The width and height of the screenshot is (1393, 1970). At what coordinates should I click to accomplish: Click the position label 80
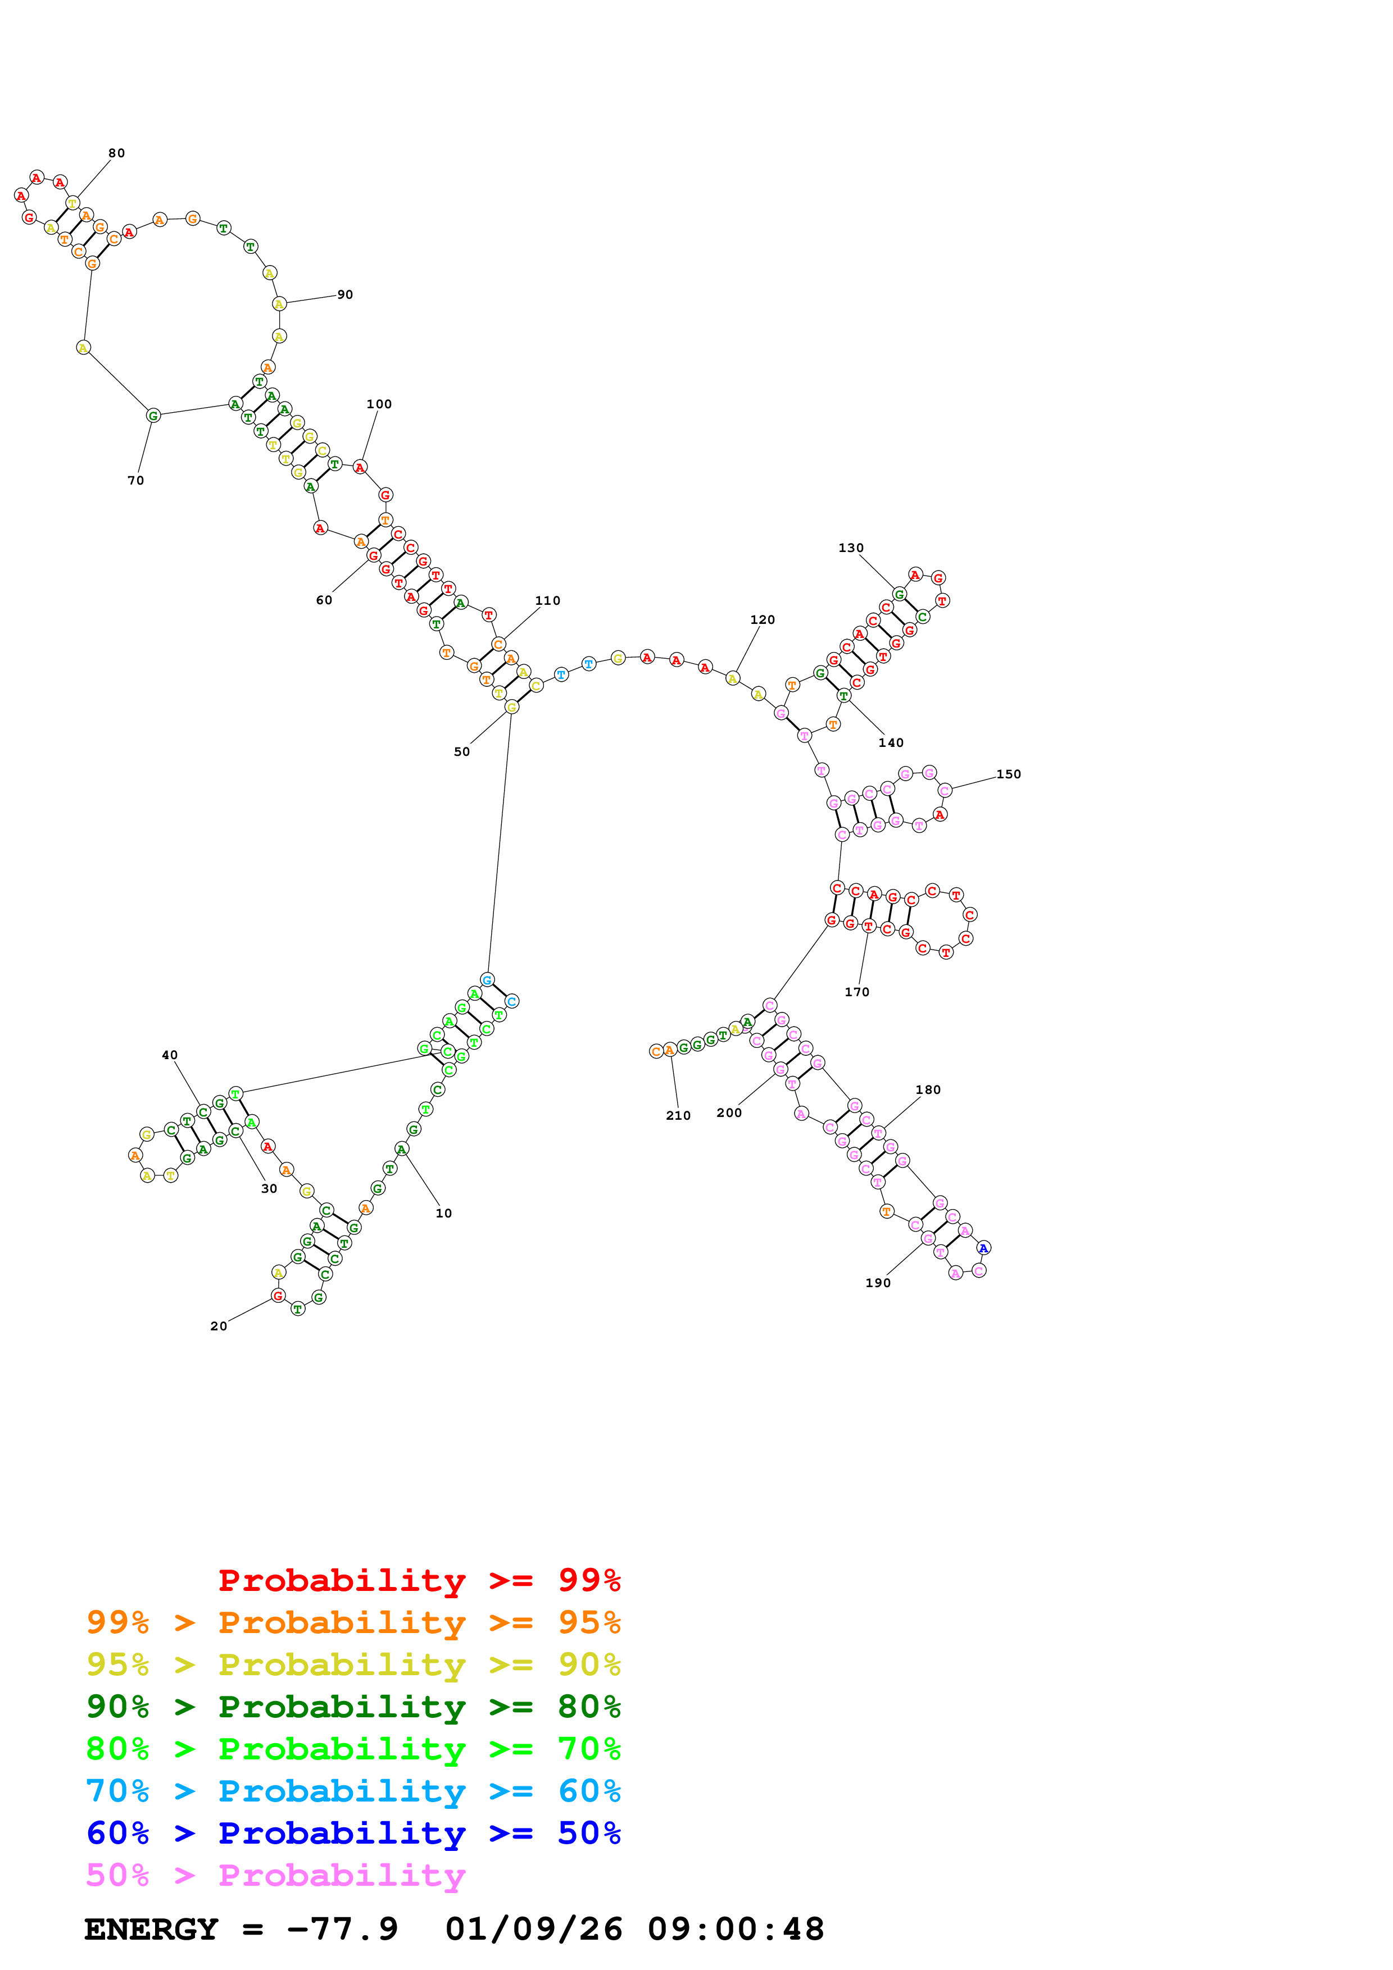click(x=117, y=153)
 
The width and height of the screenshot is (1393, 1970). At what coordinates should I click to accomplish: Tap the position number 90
click(x=345, y=294)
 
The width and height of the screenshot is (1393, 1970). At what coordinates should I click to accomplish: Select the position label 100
click(x=379, y=404)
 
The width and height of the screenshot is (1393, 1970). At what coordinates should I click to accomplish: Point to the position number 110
click(x=547, y=601)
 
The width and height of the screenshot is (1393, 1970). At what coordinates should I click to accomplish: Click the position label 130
click(x=851, y=548)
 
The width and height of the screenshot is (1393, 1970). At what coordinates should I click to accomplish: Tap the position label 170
click(x=856, y=992)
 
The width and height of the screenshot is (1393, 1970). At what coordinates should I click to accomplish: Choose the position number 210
click(x=678, y=1115)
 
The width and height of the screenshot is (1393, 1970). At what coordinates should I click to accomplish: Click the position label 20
click(x=219, y=1326)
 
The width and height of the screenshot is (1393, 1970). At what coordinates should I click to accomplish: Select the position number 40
click(x=170, y=1055)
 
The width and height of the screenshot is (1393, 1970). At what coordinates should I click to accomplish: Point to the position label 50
click(x=462, y=751)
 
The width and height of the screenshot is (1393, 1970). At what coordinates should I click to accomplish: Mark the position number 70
click(x=135, y=481)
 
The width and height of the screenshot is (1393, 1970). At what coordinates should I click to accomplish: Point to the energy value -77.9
click(x=342, y=1929)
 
